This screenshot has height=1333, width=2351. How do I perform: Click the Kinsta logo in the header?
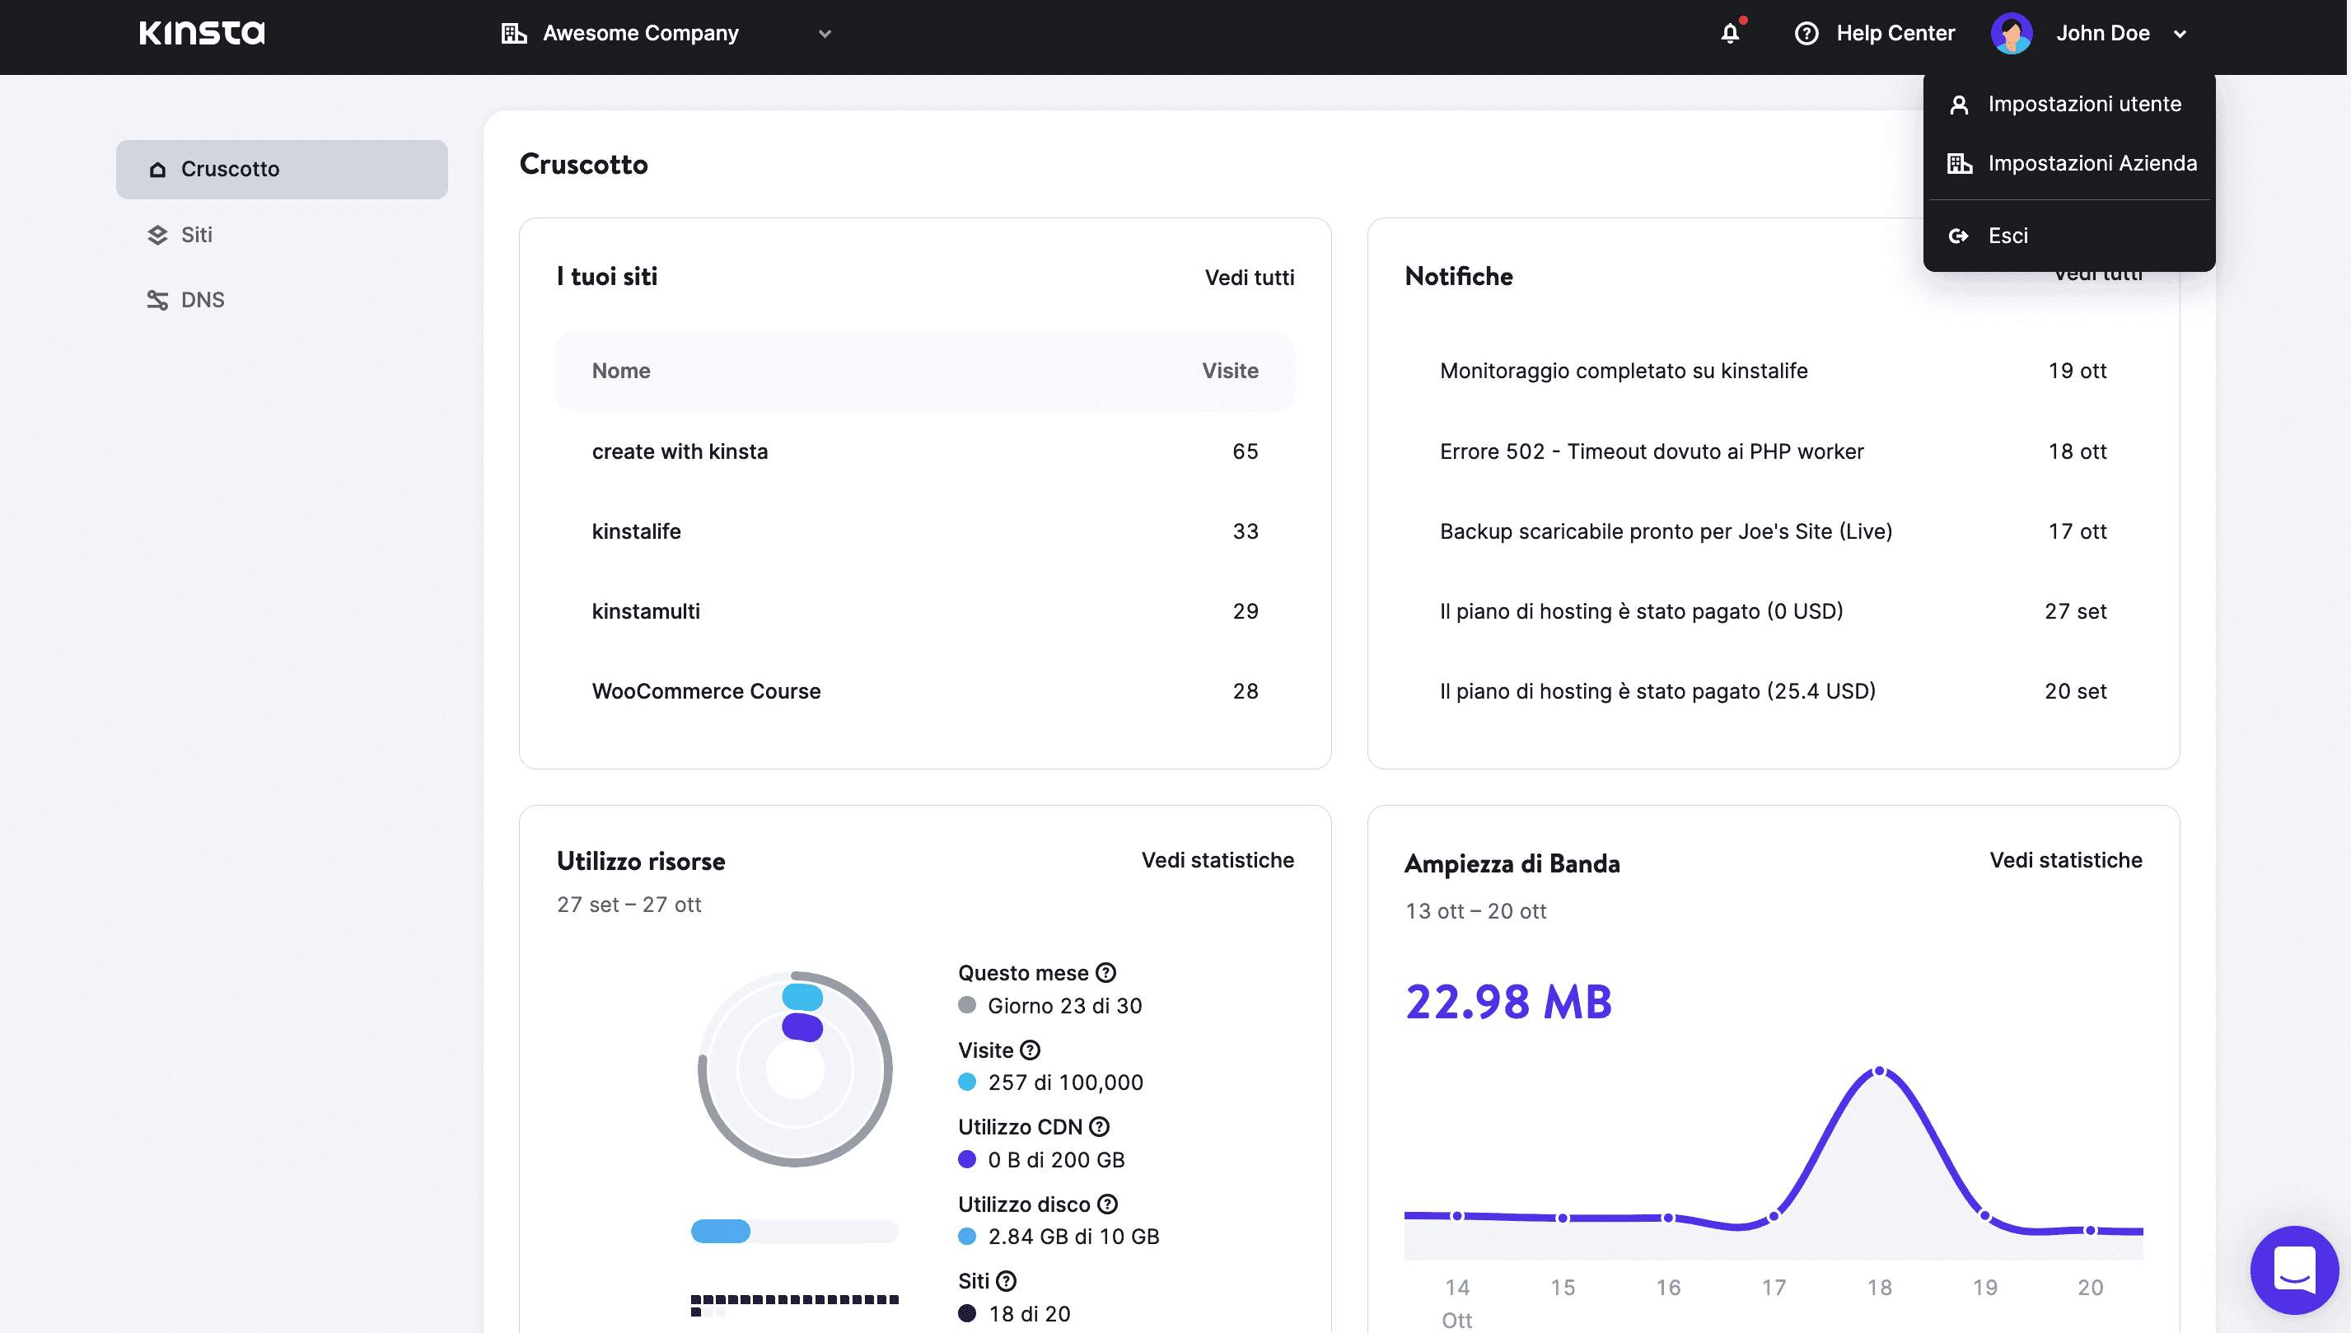click(203, 33)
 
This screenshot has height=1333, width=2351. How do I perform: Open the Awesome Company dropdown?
click(666, 34)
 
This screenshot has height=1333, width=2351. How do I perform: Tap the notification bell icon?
click(1730, 34)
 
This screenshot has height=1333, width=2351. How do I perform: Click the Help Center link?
click(1876, 34)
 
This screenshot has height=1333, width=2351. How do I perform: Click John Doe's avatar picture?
click(2012, 34)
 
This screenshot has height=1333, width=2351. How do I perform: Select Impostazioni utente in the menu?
click(2084, 105)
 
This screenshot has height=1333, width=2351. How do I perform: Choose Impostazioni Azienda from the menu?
click(2091, 163)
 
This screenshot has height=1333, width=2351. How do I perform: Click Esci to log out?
click(2007, 236)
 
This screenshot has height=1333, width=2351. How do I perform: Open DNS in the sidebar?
click(203, 300)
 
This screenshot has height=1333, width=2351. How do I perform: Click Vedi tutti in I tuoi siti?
click(1248, 278)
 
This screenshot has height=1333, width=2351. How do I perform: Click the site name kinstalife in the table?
click(636, 531)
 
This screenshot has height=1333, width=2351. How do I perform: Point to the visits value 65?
click(1245, 451)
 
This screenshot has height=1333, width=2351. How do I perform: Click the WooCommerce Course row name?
click(706, 691)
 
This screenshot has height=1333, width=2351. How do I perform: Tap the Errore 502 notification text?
click(1651, 451)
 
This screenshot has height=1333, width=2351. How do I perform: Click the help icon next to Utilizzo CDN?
click(1099, 1127)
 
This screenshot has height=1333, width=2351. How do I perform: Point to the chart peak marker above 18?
click(1879, 1070)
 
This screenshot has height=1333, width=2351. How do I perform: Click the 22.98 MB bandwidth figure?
click(1508, 1002)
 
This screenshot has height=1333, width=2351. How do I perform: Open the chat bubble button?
click(2293, 1269)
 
